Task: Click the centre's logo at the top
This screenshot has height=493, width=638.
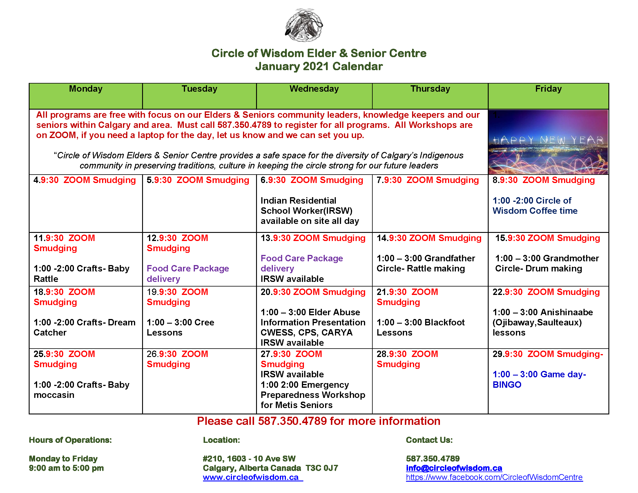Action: (304, 25)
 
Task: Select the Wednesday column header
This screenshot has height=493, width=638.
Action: (314, 89)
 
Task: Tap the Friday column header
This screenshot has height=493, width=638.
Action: (548, 89)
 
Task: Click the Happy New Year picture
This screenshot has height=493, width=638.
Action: (548, 142)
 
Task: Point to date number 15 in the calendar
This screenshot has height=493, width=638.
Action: (501, 238)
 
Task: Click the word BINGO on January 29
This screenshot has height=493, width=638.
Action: (507, 385)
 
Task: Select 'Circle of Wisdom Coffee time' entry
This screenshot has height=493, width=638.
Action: (534, 206)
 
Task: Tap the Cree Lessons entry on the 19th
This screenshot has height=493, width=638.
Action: (180, 327)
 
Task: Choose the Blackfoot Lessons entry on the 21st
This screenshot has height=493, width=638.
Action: (420, 327)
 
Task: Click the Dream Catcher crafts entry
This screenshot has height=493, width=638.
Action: (84, 327)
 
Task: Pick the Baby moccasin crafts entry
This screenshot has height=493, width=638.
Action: (81, 390)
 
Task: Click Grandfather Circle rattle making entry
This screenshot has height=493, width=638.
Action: (426, 263)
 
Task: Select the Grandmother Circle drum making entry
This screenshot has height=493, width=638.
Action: (547, 263)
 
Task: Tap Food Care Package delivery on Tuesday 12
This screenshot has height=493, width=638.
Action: (188, 274)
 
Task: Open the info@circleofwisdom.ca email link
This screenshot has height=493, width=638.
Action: (454, 468)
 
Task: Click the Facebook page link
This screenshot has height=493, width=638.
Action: (494, 477)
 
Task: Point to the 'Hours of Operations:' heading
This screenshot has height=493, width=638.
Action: (70, 440)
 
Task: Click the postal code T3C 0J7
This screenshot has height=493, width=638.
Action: (322, 468)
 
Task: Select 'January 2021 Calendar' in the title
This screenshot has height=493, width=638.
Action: (319, 67)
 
